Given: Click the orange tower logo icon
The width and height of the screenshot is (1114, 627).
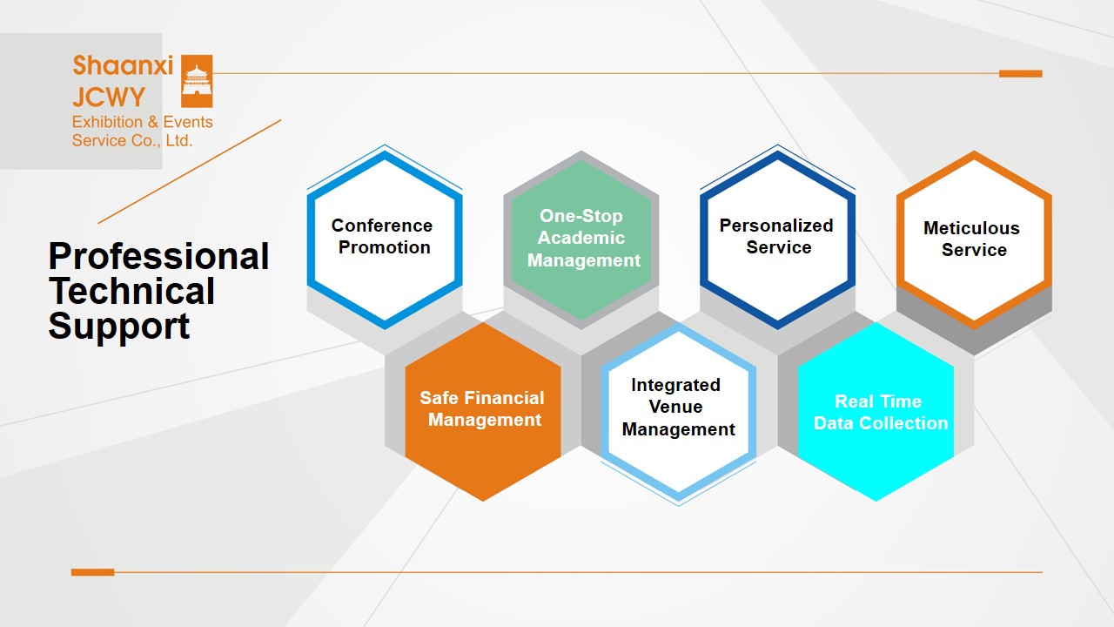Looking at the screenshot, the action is [197, 81].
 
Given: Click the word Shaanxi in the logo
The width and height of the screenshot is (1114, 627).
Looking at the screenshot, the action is [123, 65].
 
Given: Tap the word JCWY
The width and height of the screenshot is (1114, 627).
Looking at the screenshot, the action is [109, 97].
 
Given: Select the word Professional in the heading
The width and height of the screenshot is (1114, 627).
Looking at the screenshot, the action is [158, 256].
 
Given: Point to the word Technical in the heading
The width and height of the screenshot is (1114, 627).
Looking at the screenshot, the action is [131, 291].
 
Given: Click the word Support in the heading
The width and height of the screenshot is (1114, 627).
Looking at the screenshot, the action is [119, 327].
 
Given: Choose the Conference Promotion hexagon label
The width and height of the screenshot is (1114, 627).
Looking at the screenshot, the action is [382, 236].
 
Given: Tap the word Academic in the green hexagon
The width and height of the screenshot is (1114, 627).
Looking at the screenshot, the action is [581, 238].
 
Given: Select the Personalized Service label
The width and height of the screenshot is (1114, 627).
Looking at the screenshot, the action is [776, 236].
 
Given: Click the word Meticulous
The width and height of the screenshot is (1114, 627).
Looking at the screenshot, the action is [971, 228].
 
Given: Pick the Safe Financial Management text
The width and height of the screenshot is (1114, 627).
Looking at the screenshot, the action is [482, 408].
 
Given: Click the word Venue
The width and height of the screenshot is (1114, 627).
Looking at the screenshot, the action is [675, 407].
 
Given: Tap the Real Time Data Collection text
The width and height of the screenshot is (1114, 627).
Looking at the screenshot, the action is [881, 412].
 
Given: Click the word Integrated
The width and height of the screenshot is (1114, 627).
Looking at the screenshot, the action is [675, 385].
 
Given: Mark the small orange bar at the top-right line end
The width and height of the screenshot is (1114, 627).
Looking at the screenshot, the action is [1021, 74].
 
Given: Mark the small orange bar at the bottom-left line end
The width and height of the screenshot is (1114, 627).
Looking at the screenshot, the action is [92, 572].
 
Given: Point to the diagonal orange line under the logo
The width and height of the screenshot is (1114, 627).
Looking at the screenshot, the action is [190, 172].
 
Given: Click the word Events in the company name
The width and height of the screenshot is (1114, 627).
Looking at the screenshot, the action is [188, 122].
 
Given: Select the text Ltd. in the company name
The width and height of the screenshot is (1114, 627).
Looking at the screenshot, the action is [178, 141].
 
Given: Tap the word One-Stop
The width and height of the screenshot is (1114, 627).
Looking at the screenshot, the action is [580, 216].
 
